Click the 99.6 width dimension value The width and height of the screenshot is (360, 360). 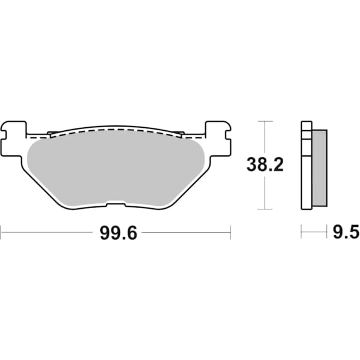click(x=119, y=234)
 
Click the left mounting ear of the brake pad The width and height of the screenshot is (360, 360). click(x=14, y=135)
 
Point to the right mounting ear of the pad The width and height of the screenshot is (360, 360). click(x=218, y=135)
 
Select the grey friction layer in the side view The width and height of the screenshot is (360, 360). click(x=320, y=168)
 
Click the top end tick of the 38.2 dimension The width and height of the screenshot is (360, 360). click(x=262, y=121)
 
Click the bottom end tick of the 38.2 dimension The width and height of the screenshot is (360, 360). click(x=262, y=209)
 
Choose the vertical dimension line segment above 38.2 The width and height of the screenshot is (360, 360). click(x=262, y=138)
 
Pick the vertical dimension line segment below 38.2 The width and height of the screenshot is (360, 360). click(x=262, y=192)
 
